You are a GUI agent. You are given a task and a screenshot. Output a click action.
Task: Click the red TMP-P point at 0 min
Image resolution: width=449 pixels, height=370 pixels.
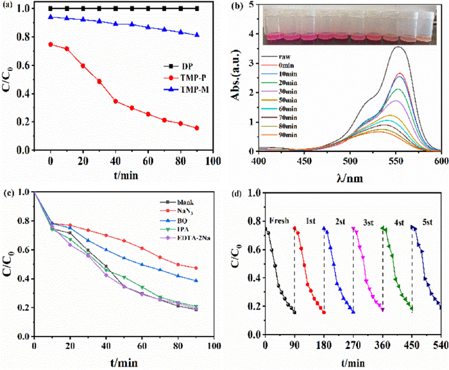pos(51,44)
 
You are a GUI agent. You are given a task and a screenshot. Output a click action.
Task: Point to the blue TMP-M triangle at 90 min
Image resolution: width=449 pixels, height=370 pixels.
pos(196,35)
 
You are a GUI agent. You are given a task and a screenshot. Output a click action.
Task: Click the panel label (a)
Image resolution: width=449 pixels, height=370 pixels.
pos(8,6)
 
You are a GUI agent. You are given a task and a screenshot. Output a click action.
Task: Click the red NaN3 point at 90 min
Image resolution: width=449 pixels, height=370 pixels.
pos(196,268)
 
